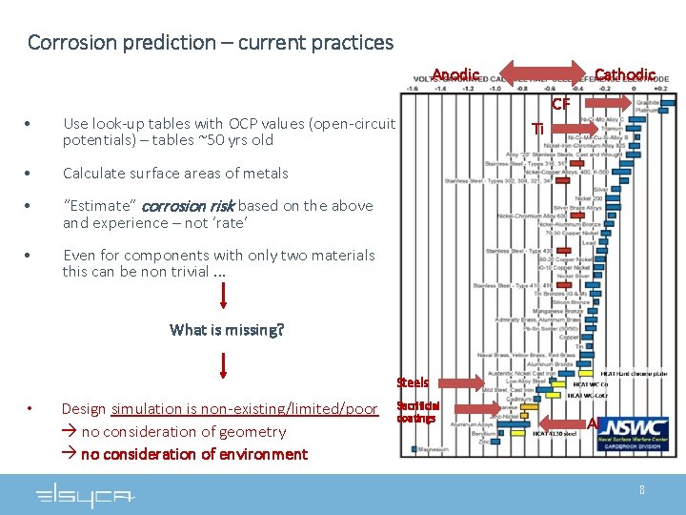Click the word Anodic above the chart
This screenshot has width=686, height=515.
(455, 75)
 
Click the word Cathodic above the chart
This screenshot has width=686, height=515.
(624, 75)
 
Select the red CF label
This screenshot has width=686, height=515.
(560, 103)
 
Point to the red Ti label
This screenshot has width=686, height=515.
(538, 129)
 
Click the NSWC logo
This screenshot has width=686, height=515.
(635, 426)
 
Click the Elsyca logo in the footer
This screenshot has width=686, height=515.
(86, 496)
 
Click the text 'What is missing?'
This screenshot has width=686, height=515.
(227, 330)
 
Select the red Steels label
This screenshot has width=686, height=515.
(413, 382)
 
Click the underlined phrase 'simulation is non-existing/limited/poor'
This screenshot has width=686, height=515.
(244, 409)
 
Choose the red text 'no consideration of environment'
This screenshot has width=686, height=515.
(193, 454)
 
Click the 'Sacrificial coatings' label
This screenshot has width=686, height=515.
(417, 412)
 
